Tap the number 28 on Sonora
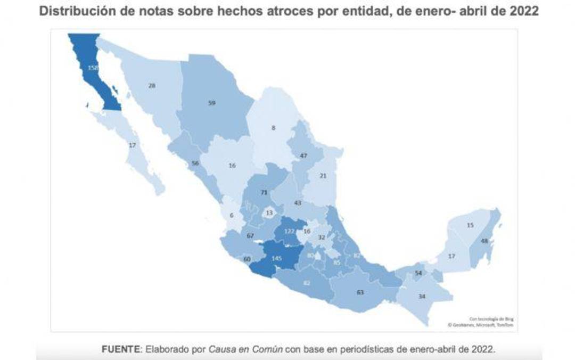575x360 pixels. (152, 86)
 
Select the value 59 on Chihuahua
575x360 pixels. (211, 103)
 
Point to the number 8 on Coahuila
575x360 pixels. (273, 128)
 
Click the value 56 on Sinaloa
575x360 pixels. (195, 163)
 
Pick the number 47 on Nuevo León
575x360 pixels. (303, 156)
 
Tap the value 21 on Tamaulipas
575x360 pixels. (323, 176)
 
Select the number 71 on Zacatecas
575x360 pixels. (264, 193)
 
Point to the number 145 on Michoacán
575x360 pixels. (276, 258)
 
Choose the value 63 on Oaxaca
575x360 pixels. (360, 292)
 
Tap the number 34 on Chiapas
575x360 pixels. (422, 296)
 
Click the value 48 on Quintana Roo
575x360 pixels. (484, 241)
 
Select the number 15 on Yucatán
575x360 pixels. (470, 225)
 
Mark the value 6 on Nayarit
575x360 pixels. (232, 215)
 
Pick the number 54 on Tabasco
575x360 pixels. (418, 273)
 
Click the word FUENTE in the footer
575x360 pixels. (121, 349)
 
